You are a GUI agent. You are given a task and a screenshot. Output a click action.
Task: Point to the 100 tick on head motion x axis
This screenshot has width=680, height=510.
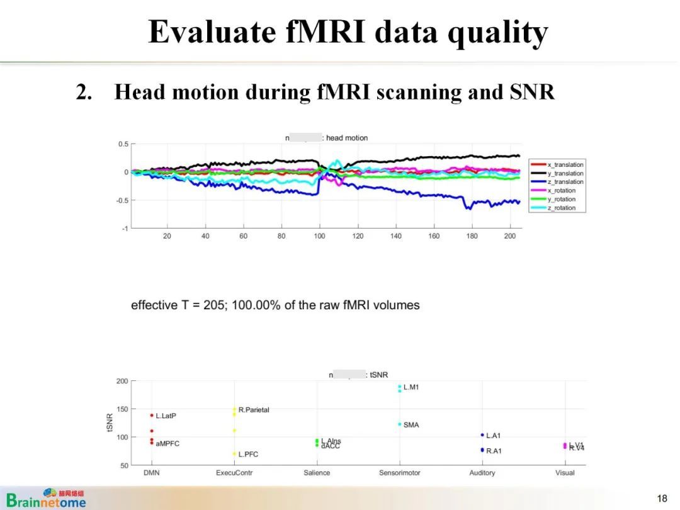tap(319, 236)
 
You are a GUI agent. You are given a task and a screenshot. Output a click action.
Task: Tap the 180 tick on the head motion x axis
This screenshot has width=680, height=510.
tap(472, 236)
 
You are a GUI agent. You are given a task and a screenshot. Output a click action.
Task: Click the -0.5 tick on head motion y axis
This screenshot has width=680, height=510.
tap(122, 200)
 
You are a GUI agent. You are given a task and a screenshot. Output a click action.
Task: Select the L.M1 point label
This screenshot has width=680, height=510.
tap(411, 387)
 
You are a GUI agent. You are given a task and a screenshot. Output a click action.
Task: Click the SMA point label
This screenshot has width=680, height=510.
tap(411, 425)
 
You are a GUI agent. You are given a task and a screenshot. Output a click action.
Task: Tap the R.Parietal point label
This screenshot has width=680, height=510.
tap(253, 410)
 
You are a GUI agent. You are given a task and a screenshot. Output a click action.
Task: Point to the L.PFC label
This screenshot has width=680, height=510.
tap(248, 455)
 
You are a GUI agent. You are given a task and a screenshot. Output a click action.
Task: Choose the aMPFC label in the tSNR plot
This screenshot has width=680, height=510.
tap(167, 444)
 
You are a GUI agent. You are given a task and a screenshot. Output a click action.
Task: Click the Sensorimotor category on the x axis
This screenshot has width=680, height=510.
tap(399, 473)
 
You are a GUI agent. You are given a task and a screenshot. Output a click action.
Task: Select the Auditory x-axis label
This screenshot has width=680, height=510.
tap(482, 473)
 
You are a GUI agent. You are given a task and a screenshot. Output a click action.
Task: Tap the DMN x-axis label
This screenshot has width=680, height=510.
tap(151, 473)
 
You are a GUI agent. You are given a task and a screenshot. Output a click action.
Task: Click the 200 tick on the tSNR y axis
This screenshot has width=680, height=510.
tap(122, 381)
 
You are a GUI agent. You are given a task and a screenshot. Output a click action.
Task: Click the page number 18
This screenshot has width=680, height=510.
tap(662, 499)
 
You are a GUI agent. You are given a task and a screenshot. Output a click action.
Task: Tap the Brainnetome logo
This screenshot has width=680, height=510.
tap(47, 498)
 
